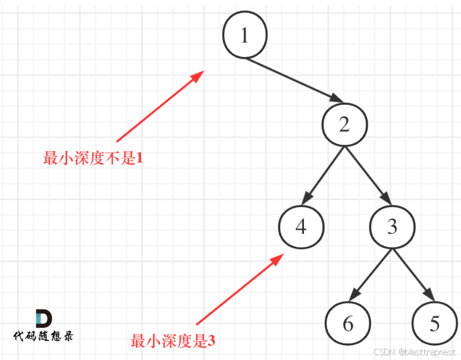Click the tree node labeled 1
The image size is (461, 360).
point(244,36)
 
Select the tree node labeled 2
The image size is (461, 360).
point(344,124)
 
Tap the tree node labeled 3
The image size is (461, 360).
point(392,227)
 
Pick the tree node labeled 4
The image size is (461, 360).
point(301,227)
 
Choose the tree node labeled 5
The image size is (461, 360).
point(435,324)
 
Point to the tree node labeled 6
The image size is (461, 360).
point(348,324)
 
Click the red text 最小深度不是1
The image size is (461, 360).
point(93,158)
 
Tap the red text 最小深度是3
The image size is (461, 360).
point(173,342)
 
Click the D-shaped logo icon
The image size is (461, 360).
point(43,318)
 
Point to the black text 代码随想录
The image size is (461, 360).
point(43,336)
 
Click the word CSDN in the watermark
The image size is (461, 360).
point(385,352)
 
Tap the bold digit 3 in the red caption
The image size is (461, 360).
point(211,342)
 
